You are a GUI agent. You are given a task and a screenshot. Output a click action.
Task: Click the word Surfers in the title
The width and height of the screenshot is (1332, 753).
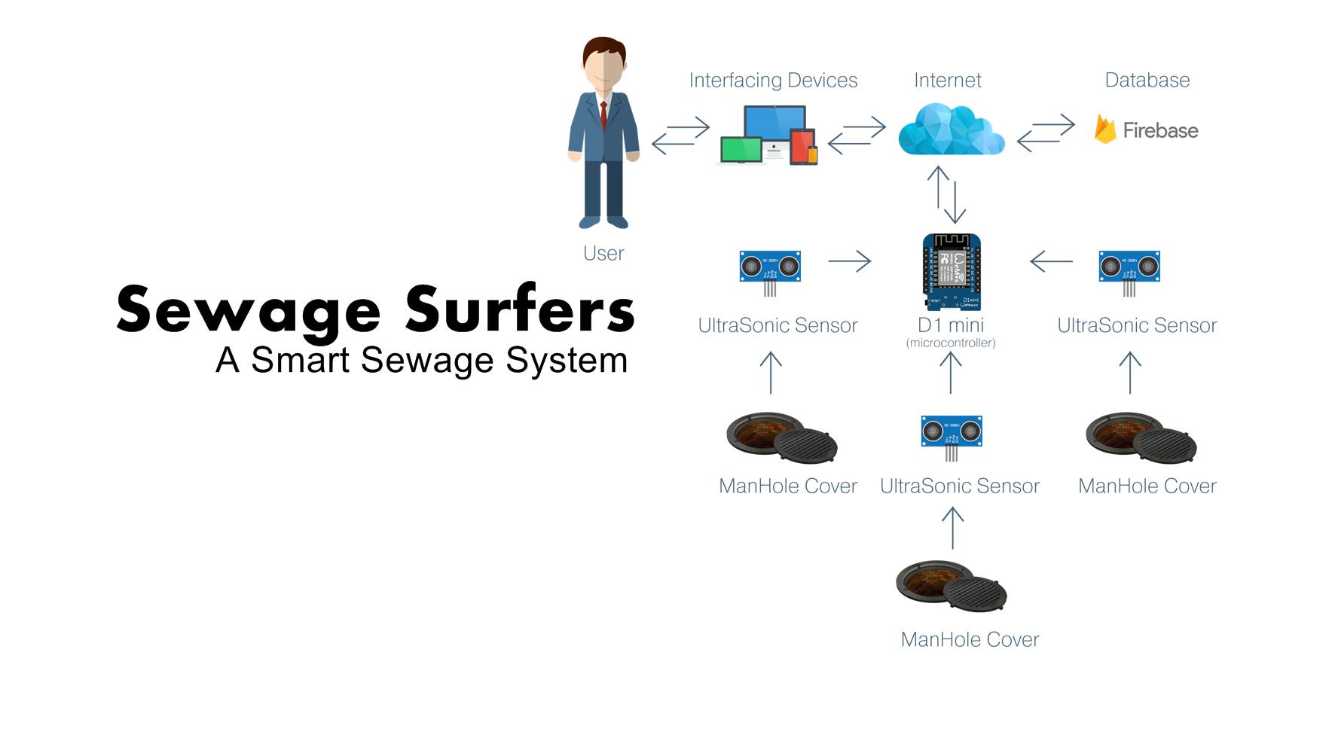tap(520, 309)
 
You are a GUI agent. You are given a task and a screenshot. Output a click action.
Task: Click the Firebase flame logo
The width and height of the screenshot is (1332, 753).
tap(1104, 130)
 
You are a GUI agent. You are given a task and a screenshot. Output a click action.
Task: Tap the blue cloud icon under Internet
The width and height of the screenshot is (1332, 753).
tap(951, 130)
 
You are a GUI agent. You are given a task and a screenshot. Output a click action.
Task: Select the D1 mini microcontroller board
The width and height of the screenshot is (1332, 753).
tap(952, 272)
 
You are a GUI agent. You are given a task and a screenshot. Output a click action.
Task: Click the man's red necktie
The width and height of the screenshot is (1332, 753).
tap(603, 117)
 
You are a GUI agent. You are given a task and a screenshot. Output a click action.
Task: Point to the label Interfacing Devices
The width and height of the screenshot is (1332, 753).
tap(773, 80)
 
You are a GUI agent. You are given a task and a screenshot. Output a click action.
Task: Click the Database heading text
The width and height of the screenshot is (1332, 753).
tap(1147, 80)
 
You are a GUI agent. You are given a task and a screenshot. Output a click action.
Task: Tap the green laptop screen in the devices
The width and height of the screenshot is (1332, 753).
tap(741, 149)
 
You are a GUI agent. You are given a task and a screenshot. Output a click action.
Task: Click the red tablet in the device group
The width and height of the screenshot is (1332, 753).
tap(802, 146)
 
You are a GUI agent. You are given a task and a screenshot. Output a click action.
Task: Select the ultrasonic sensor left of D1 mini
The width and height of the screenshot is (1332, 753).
tap(769, 267)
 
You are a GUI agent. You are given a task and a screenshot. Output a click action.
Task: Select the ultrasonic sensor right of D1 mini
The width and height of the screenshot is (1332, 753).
tap(1129, 267)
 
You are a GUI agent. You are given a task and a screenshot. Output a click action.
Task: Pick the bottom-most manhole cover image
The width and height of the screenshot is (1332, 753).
tap(952, 587)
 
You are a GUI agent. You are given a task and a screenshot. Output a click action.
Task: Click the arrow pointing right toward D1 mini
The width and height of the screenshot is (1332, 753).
tap(849, 261)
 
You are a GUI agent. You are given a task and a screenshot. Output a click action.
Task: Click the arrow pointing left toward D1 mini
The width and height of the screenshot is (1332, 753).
tap(1051, 261)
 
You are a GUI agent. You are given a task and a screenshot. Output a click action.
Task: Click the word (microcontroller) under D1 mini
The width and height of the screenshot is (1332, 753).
tap(951, 343)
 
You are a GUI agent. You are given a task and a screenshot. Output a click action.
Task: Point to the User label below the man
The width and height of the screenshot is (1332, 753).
tap(603, 253)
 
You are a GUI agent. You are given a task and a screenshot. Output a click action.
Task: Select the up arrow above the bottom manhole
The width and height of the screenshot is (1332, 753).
tap(952, 527)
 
